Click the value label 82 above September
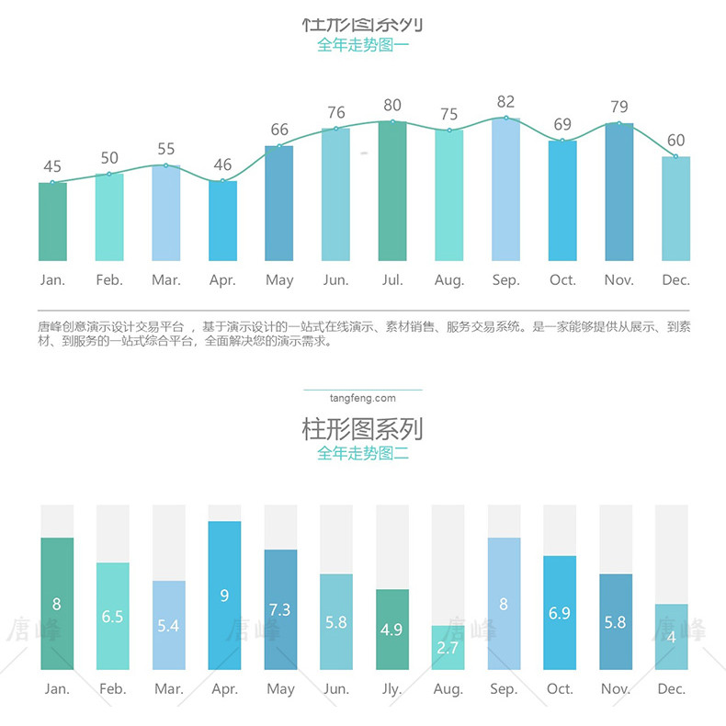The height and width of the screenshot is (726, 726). pyautogui.click(x=505, y=102)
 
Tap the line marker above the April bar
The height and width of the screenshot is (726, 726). pyautogui.click(x=222, y=180)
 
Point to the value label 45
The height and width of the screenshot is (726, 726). pyautogui.click(x=52, y=166)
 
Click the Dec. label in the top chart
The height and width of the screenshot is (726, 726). pyautogui.click(x=675, y=279)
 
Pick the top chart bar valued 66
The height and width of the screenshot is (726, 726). pyautogui.click(x=279, y=203)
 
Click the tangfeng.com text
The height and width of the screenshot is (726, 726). pyautogui.click(x=362, y=398)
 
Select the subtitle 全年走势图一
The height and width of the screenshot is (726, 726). pyautogui.click(x=362, y=44)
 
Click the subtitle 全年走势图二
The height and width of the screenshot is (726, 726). pyautogui.click(x=362, y=453)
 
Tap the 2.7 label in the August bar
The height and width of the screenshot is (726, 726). pyautogui.click(x=448, y=648)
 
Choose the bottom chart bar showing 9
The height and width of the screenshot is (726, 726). pyautogui.click(x=224, y=596)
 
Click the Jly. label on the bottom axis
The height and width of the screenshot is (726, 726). pyautogui.click(x=392, y=688)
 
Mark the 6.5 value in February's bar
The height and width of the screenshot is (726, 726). pyautogui.click(x=112, y=617)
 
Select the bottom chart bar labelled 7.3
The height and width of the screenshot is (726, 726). pyautogui.click(x=280, y=609)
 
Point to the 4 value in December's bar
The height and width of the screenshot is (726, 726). pyautogui.click(x=671, y=637)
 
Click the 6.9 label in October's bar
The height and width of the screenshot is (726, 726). pyautogui.click(x=560, y=613)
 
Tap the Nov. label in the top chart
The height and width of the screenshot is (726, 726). pyautogui.click(x=618, y=279)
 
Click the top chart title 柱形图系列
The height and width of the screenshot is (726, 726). pyautogui.click(x=362, y=24)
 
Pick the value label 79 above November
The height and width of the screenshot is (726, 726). pyautogui.click(x=618, y=108)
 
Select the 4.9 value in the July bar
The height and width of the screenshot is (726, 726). pyautogui.click(x=391, y=630)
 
